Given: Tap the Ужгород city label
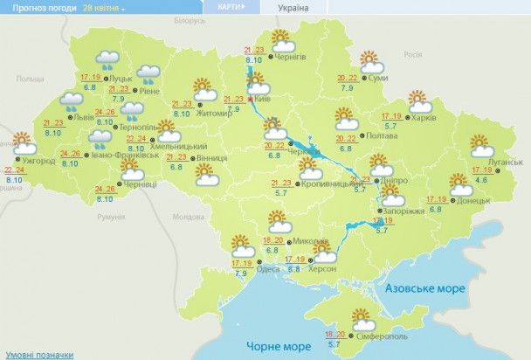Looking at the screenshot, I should click(39, 161).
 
